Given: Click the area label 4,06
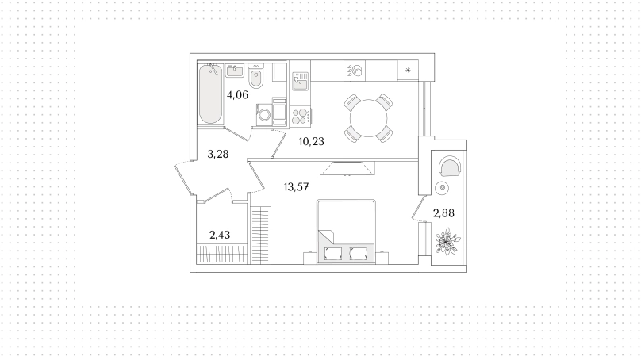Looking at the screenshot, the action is (x=237, y=95).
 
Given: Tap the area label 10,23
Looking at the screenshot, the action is (x=312, y=141).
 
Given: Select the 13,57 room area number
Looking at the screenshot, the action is (x=297, y=187).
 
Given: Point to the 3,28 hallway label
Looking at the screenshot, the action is (x=218, y=154).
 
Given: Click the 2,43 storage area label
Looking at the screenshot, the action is (x=220, y=235).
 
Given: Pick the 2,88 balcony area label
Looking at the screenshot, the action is (x=443, y=213).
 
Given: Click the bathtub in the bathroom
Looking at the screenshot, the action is (x=210, y=94).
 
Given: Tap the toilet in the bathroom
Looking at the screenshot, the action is (x=256, y=76).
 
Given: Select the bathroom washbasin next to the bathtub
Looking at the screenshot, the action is (x=235, y=71).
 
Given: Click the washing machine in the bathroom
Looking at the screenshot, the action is (x=264, y=114).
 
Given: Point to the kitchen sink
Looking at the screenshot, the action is (x=300, y=82).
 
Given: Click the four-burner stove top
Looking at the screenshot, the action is (x=300, y=116).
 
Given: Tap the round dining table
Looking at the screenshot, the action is (x=368, y=118).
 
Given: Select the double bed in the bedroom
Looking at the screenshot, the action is (x=346, y=231).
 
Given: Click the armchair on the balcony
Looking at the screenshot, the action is (x=450, y=166).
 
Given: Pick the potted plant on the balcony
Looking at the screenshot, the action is (x=447, y=243).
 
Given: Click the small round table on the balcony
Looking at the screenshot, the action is (x=443, y=188).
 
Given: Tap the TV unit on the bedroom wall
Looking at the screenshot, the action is (x=347, y=168).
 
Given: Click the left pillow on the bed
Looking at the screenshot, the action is (x=332, y=254).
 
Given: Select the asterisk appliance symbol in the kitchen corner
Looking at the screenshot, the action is (x=408, y=71).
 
